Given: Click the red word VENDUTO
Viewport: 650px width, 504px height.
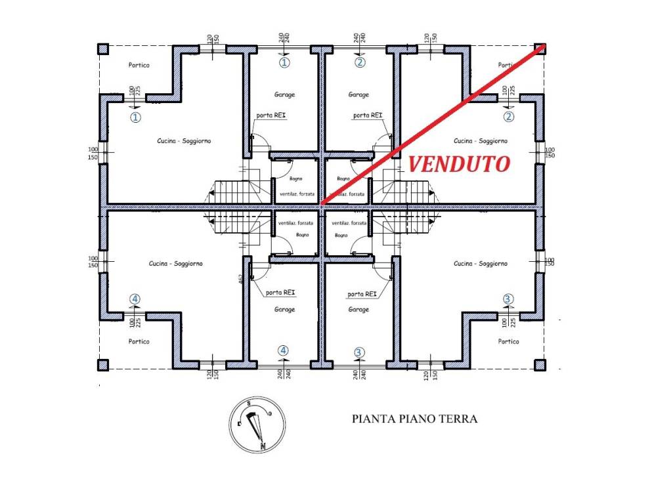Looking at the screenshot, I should point(459,164).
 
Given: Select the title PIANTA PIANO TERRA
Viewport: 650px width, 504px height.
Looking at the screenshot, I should point(414,419).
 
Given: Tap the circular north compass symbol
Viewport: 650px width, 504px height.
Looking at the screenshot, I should point(257,426).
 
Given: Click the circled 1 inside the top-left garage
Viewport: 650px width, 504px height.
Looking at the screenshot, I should point(284,63).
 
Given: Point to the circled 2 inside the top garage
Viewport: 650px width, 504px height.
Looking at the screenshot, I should point(359,63).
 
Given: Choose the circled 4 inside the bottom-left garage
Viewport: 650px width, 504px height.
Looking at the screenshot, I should point(284,350).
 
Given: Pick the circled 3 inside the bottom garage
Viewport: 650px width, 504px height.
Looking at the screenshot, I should point(358,351).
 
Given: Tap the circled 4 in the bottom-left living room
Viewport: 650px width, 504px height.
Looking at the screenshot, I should point(135,299).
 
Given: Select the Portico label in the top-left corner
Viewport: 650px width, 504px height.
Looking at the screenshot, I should point(139,65).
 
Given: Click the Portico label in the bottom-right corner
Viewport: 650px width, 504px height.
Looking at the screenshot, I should point(508,341).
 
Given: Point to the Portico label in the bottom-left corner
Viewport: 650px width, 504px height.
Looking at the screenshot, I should point(139,341).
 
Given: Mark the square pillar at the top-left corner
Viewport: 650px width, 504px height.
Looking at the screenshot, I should point(102,49).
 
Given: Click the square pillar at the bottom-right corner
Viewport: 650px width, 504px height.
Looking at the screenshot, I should point(540,365).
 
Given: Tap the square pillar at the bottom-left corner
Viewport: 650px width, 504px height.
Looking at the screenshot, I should point(102,365).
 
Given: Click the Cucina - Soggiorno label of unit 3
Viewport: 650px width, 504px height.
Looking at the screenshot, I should point(481,263).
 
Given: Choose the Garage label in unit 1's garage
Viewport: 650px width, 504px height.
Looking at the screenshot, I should point(284,94).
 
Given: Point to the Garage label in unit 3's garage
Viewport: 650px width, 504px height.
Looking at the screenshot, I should point(358,309).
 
